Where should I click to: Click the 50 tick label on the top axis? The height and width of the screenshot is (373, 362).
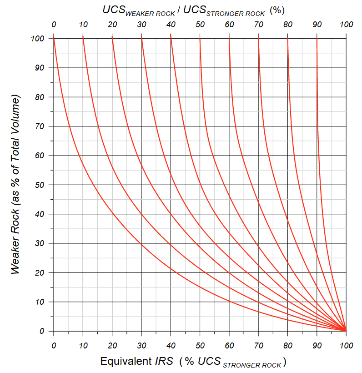pos(200,24)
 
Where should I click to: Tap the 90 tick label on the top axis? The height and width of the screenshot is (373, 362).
pos(317,24)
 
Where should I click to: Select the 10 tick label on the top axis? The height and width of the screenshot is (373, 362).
pos(83,24)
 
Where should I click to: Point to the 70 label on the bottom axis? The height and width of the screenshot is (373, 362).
pos(258,345)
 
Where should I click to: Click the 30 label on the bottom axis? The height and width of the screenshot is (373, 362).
pos(141,345)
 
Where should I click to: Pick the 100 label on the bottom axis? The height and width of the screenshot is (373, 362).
pos(346,345)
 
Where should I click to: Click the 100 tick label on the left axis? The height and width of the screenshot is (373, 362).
pos(38,39)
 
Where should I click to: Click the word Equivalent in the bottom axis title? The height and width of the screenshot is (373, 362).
pos(125,362)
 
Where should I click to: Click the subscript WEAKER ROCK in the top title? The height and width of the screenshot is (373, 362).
pos(150,13)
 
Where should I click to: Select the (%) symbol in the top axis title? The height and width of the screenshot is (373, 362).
pos(277,10)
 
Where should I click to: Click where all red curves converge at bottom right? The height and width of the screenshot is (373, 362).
pos(346,331)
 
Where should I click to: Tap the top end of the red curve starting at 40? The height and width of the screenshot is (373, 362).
pos(171,39)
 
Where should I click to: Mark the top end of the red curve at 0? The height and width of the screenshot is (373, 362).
pos(54,39)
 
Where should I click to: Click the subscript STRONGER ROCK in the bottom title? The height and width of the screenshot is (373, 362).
pos(256,364)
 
